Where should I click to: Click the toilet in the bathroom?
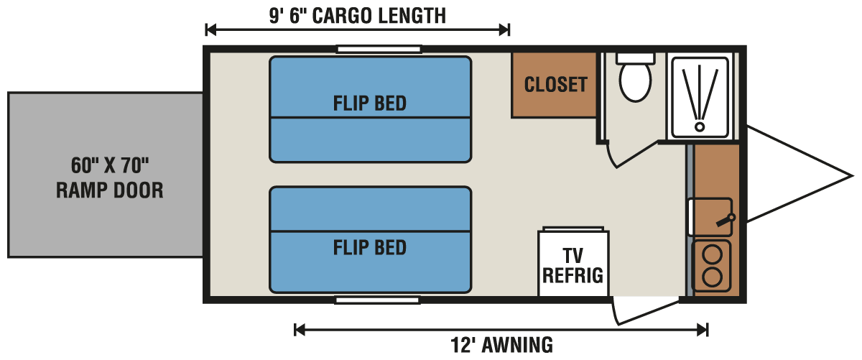click(636, 82)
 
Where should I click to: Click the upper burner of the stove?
click(711, 254)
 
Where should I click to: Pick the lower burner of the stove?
click(711, 277)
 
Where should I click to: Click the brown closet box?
click(555, 85)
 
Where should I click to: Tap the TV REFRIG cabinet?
click(573, 264)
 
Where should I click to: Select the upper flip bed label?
click(370, 103)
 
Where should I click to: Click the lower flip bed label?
click(370, 248)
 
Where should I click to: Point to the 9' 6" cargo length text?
click(357, 15)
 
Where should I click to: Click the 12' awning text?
click(501, 345)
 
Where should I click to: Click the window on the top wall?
click(379, 50)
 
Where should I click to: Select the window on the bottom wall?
click(377, 299)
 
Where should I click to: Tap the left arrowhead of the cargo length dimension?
click(210, 29)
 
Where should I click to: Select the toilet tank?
click(636, 57)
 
